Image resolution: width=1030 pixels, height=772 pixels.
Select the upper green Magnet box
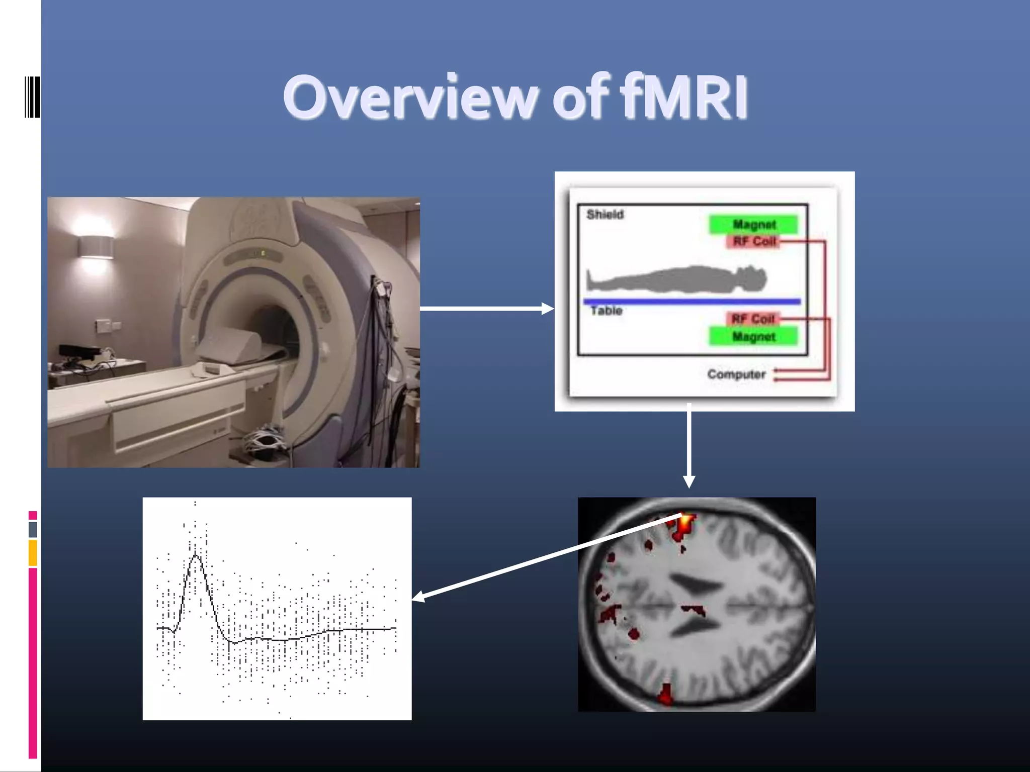(x=753, y=224)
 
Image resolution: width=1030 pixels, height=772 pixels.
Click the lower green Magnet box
(x=753, y=336)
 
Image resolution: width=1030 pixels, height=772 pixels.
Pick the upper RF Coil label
(x=753, y=242)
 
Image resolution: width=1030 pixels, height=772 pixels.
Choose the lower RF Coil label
(x=752, y=319)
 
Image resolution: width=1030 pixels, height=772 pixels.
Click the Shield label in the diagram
(x=605, y=215)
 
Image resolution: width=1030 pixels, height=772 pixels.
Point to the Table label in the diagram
(x=606, y=311)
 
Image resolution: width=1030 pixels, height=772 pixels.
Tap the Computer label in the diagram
(x=736, y=374)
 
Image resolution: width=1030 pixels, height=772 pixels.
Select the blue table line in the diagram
(x=692, y=302)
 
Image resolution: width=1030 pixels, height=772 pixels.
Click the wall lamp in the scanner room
(x=95, y=247)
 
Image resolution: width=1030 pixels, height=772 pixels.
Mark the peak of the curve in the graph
(x=196, y=556)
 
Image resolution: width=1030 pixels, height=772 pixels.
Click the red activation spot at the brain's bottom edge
(x=665, y=696)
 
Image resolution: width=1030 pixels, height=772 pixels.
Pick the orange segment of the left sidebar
(x=33, y=552)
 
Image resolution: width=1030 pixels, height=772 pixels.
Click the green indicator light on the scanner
(x=263, y=253)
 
